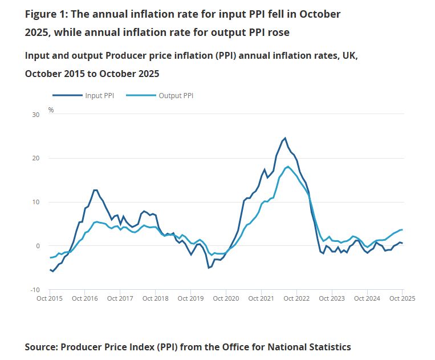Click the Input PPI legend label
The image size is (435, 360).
[100, 95]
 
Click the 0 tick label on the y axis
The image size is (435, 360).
[37, 246]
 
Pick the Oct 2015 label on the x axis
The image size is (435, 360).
[49, 298]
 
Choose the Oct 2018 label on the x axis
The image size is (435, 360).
[155, 298]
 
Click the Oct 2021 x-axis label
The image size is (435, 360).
[261, 298]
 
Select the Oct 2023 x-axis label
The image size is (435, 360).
[332, 298]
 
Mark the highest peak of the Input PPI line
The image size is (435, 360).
[285, 138]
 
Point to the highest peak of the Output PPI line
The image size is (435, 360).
[288, 167]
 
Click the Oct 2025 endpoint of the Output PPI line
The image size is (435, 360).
[403, 229]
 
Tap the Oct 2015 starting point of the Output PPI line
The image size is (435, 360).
[50, 258]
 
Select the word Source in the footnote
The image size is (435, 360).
[40, 347]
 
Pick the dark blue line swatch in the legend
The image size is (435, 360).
[67, 95]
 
